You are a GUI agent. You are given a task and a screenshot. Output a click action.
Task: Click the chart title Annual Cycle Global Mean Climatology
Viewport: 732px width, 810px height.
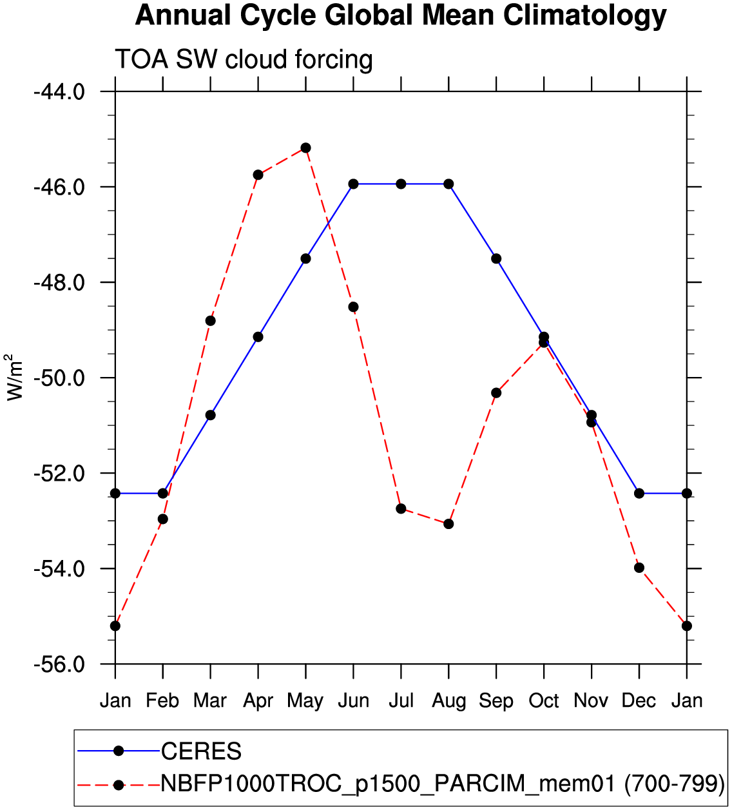click(401, 15)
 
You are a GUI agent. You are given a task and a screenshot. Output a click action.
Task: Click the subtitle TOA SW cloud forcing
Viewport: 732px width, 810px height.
click(244, 59)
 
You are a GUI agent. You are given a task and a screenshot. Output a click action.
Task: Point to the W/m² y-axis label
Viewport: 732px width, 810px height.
click(14, 377)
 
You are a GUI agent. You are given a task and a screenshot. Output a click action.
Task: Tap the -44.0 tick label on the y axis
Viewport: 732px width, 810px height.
click(59, 92)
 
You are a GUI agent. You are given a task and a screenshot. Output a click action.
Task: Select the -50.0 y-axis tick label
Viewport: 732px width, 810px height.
click(59, 378)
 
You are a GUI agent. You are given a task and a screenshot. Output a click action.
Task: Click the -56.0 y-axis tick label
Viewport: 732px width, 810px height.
click(59, 664)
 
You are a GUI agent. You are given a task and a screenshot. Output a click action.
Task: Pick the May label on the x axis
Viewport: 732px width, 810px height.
click(305, 700)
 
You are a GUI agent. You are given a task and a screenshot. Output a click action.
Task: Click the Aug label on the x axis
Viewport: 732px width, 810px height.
click(448, 700)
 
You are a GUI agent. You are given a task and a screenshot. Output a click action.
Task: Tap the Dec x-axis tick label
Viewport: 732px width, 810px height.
click(639, 700)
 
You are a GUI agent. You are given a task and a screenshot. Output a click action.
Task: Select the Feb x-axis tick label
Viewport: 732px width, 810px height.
click(162, 700)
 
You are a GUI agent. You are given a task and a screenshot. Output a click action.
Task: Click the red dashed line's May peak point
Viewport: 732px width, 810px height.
click(305, 148)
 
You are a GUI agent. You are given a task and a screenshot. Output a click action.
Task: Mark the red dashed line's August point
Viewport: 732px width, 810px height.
click(448, 524)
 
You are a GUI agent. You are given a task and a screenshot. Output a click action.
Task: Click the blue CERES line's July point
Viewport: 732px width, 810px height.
click(401, 184)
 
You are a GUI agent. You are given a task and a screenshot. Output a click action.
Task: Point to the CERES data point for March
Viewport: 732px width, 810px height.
click(210, 415)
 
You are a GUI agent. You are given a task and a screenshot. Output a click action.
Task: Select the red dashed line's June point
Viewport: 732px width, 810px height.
click(353, 307)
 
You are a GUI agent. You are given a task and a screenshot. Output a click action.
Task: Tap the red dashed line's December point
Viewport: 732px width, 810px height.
click(639, 568)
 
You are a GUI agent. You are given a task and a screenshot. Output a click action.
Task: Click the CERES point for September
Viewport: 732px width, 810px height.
click(496, 258)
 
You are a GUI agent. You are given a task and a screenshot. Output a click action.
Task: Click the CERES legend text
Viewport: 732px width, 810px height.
click(201, 751)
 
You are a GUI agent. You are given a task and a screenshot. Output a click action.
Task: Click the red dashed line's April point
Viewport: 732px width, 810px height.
click(258, 175)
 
